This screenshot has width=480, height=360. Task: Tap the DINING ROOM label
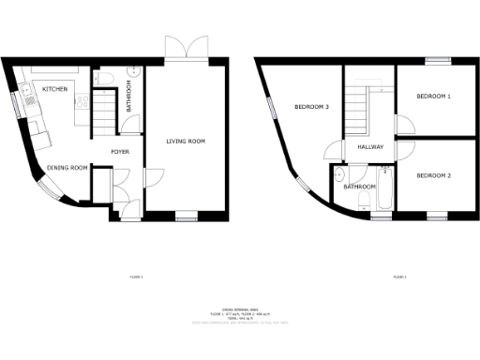pos(67,168)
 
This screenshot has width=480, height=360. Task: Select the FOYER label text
pos(120,151)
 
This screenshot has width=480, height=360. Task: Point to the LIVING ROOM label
pos(186,142)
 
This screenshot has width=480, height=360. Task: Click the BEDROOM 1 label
pos(433,97)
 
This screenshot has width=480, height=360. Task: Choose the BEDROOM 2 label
pos(433,175)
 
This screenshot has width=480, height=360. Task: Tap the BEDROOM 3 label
pos(311,107)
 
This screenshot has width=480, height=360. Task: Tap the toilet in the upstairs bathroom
pos(339,178)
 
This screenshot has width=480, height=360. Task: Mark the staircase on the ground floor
pos(101,112)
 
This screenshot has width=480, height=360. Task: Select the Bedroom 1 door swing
pos(403,128)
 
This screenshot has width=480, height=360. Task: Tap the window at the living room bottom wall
pos(186,214)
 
